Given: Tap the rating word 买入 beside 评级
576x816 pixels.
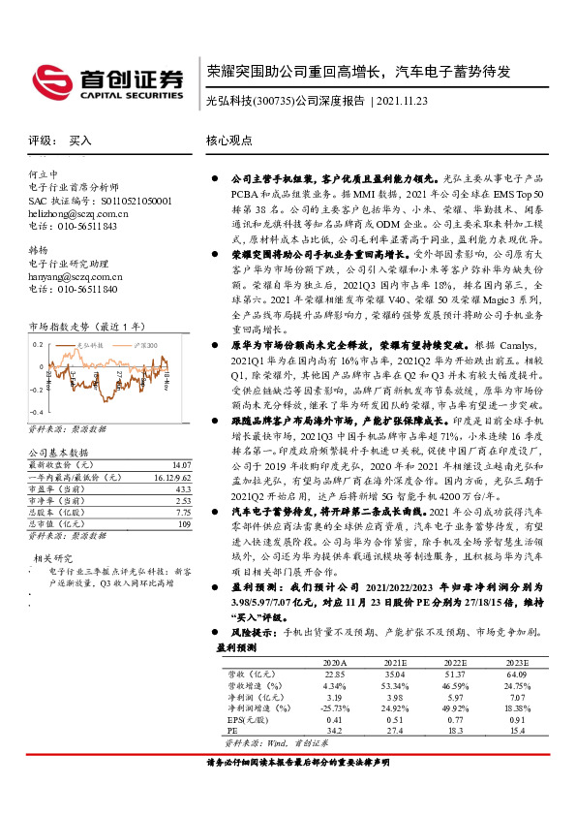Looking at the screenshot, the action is click(80, 141).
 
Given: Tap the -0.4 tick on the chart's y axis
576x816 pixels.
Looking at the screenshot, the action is click(36, 412).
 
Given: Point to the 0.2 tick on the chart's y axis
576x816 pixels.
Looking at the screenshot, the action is click(38, 345).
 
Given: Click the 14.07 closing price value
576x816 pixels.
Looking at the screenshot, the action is click(182, 465).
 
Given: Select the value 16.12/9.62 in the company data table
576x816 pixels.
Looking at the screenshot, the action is click(172, 478).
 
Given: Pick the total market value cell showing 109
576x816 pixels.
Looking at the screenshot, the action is click(184, 524).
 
